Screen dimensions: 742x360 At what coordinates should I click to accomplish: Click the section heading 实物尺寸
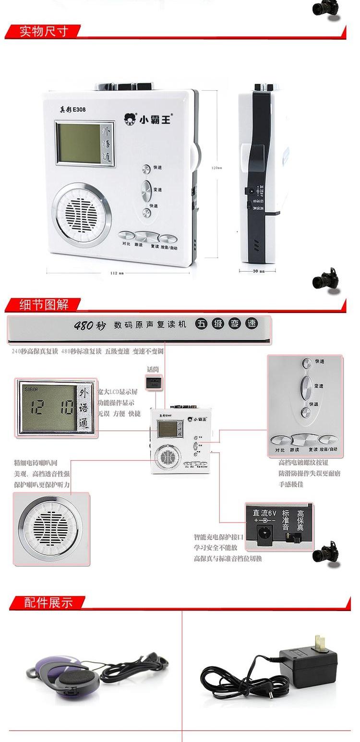pyautogui.click(x=44, y=32)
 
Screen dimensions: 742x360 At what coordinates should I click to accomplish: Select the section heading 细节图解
pyautogui.click(x=44, y=304)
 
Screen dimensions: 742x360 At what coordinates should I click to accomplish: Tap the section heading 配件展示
pyautogui.click(x=48, y=602)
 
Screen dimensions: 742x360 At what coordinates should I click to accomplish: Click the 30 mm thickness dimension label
pyautogui.click(x=258, y=271)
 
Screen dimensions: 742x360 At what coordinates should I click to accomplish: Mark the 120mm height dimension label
pyautogui.click(x=217, y=168)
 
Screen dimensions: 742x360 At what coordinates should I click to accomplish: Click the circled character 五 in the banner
pyautogui.click(x=202, y=324)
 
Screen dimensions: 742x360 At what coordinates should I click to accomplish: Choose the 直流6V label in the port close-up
pyautogui.click(x=265, y=513)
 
